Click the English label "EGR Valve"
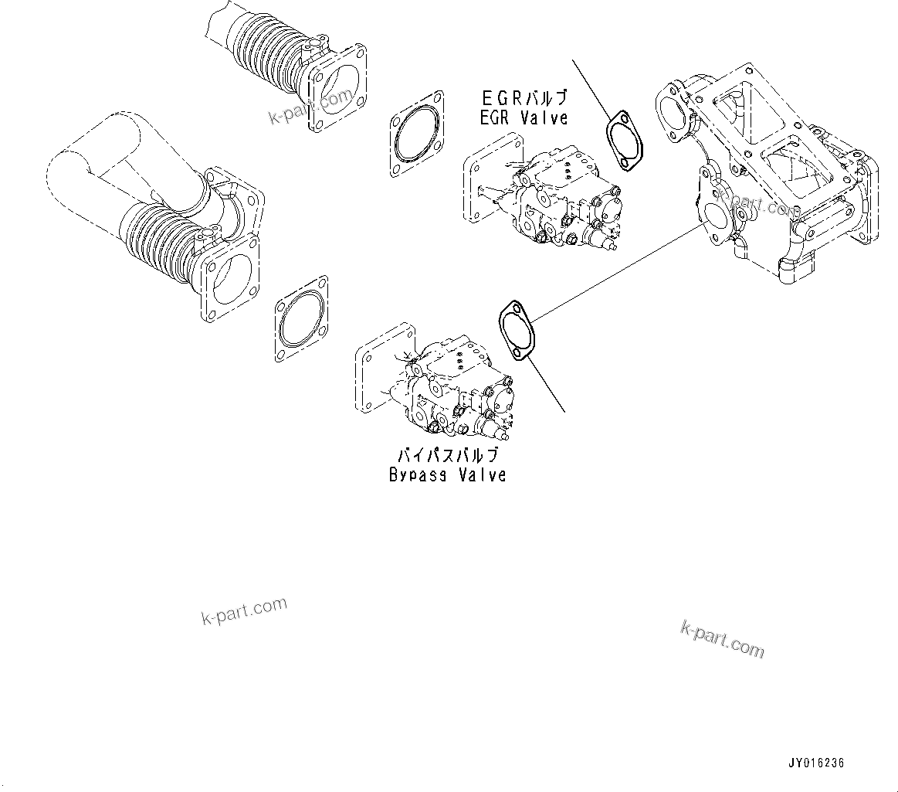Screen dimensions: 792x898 (524, 118)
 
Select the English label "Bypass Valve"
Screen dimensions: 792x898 (448, 474)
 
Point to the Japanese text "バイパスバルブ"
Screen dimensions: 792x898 (448, 455)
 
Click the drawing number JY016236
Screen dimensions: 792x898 (816, 763)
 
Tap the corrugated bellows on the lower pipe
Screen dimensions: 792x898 (158, 240)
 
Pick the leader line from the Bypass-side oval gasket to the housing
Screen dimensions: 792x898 (618, 270)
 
